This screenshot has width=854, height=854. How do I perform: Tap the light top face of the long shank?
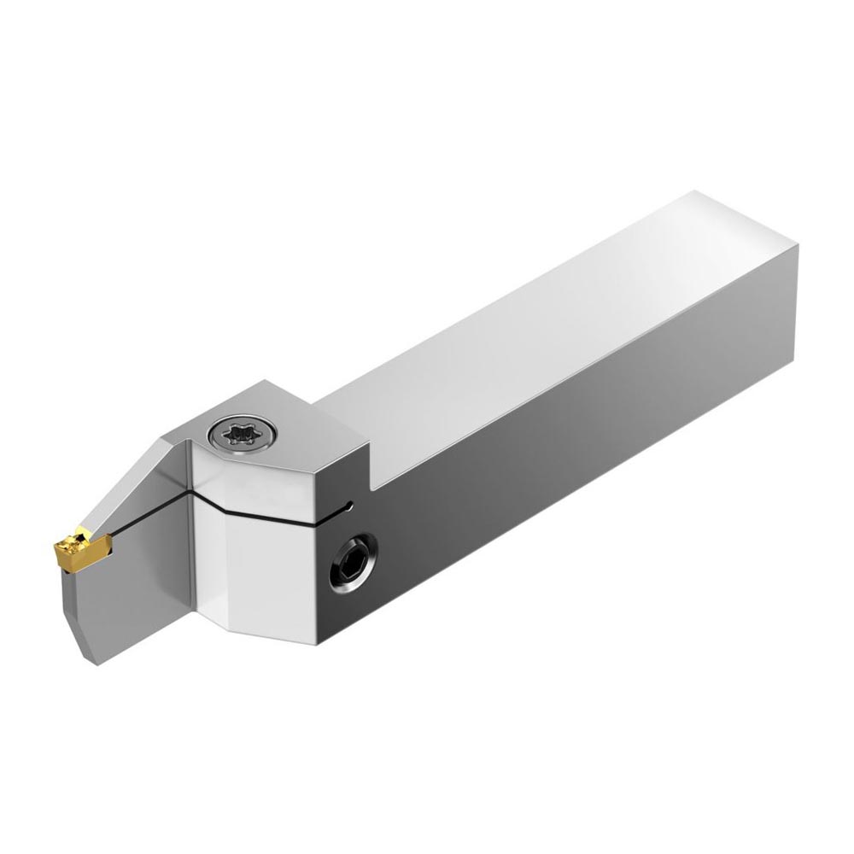[x=529, y=342]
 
